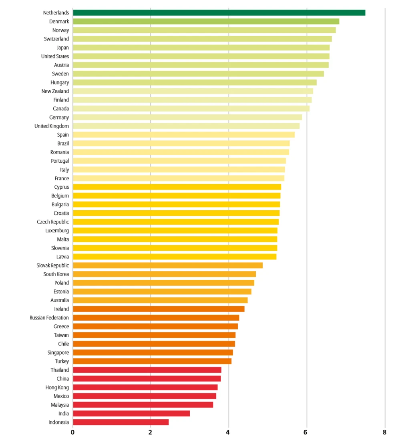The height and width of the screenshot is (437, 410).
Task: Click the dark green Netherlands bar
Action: (x=219, y=12)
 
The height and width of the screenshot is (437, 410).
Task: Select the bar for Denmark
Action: (x=206, y=22)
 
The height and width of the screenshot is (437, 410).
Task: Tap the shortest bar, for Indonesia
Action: (x=121, y=422)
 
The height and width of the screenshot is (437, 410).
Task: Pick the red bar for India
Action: (x=131, y=413)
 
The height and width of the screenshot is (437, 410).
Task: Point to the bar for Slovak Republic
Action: (x=168, y=265)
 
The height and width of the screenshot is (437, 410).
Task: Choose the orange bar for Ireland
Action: (x=159, y=309)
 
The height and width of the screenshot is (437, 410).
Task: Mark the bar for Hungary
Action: (x=195, y=82)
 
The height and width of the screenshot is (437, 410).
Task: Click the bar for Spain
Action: (x=184, y=135)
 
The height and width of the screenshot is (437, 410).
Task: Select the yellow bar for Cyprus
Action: (x=177, y=187)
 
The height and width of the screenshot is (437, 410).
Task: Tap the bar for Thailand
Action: (x=147, y=370)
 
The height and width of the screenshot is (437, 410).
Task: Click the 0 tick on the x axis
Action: (x=72, y=432)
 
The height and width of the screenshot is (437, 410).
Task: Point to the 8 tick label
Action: (x=385, y=432)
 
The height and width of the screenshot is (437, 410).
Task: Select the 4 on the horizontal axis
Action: (x=228, y=432)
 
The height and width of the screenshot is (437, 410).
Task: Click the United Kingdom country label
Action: (x=52, y=126)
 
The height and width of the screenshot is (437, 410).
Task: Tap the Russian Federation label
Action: (x=49, y=318)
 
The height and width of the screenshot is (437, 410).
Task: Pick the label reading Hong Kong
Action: (x=57, y=387)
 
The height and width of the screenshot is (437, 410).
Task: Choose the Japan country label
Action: (x=63, y=48)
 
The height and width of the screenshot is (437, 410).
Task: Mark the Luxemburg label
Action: (x=57, y=230)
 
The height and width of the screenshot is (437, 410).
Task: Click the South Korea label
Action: (x=56, y=274)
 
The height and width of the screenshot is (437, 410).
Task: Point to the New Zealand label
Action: (x=55, y=91)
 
